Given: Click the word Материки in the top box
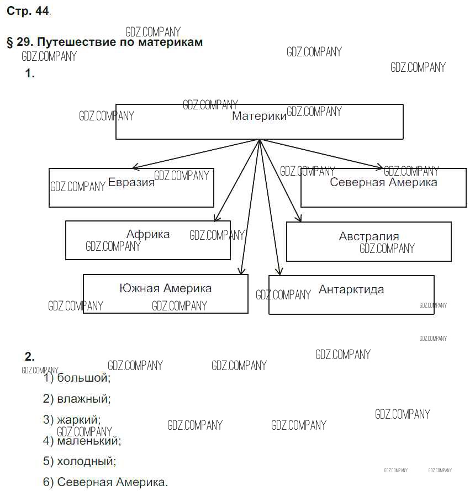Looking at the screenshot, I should coord(259,117).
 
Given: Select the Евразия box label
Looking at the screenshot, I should coord(131,183).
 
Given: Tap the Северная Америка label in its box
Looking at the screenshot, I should coord(383,182).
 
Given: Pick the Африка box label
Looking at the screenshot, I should coord(148,234).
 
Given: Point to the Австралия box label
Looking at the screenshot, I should coord(369,236).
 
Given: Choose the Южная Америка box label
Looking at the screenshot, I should coord(165,288).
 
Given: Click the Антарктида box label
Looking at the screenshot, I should coord(351,289).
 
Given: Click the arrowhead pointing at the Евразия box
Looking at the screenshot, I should coord(134,167).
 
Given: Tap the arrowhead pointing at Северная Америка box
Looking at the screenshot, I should coord(379,166).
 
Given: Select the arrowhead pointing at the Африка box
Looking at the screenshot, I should coord(217,219).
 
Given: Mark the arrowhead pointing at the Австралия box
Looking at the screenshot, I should coord(299,219).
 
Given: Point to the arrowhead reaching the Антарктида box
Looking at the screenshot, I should coord(279,272).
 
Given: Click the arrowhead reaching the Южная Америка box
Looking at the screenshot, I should coord(241,271).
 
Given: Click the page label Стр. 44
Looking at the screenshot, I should coord(28,11).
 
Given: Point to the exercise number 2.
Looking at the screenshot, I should coord(30,356).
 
